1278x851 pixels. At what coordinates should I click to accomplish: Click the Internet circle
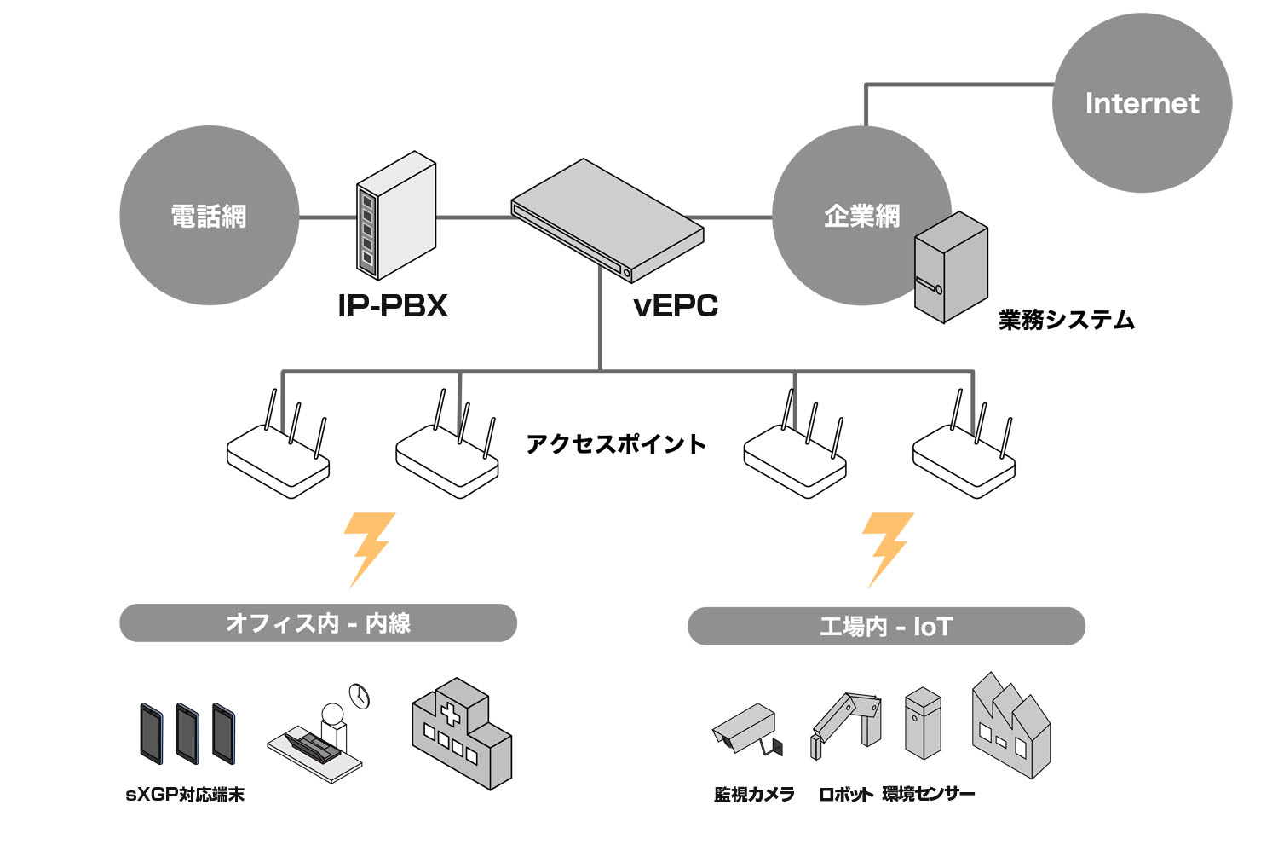pyautogui.click(x=1143, y=103)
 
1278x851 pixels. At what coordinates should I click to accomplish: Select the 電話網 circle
pyautogui.click(x=210, y=216)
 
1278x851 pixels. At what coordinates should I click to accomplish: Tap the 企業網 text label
pyautogui.click(x=861, y=217)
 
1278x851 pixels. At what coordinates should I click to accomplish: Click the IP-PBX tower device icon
pyautogui.click(x=396, y=216)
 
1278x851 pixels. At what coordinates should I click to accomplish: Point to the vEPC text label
pyautogui.click(x=676, y=305)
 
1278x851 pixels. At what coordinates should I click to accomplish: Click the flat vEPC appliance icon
pyautogui.click(x=607, y=221)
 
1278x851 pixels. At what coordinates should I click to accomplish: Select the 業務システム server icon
pyautogui.click(x=951, y=267)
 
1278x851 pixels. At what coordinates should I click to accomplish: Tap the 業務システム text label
pyautogui.click(x=1067, y=319)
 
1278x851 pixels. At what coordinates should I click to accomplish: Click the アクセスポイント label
pyautogui.click(x=616, y=443)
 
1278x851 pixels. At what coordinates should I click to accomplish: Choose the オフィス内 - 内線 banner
pyautogui.click(x=319, y=622)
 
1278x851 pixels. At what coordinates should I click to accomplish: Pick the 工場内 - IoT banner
pyautogui.click(x=886, y=626)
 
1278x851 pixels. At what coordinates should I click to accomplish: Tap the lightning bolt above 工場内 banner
pyautogui.click(x=887, y=549)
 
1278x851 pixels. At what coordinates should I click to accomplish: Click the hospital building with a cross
pyautogui.click(x=462, y=733)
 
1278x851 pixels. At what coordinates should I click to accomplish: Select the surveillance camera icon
pyautogui.click(x=747, y=729)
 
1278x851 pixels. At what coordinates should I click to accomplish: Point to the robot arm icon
pyautogui.click(x=845, y=726)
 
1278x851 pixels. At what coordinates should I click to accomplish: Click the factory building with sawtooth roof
pyautogui.click(x=1011, y=726)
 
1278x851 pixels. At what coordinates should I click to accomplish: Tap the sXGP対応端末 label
pyautogui.click(x=185, y=795)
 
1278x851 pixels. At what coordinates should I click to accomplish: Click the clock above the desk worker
pyautogui.click(x=360, y=696)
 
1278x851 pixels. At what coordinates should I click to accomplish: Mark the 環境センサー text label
pyautogui.click(x=929, y=794)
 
